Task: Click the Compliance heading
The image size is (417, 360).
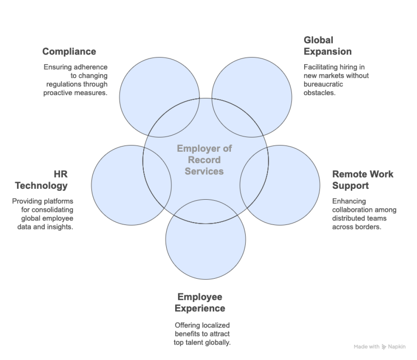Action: (69, 52)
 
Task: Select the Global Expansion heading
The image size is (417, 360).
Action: (327, 46)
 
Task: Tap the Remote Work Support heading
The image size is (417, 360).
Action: (362, 180)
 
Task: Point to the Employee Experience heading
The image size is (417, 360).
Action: (200, 303)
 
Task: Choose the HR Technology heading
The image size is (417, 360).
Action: (41, 180)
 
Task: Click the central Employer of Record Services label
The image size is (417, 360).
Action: (204, 160)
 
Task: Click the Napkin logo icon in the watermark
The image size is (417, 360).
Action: (384, 347)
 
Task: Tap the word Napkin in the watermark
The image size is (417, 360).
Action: (397, 347)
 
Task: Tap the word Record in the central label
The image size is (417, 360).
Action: (204, 160)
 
